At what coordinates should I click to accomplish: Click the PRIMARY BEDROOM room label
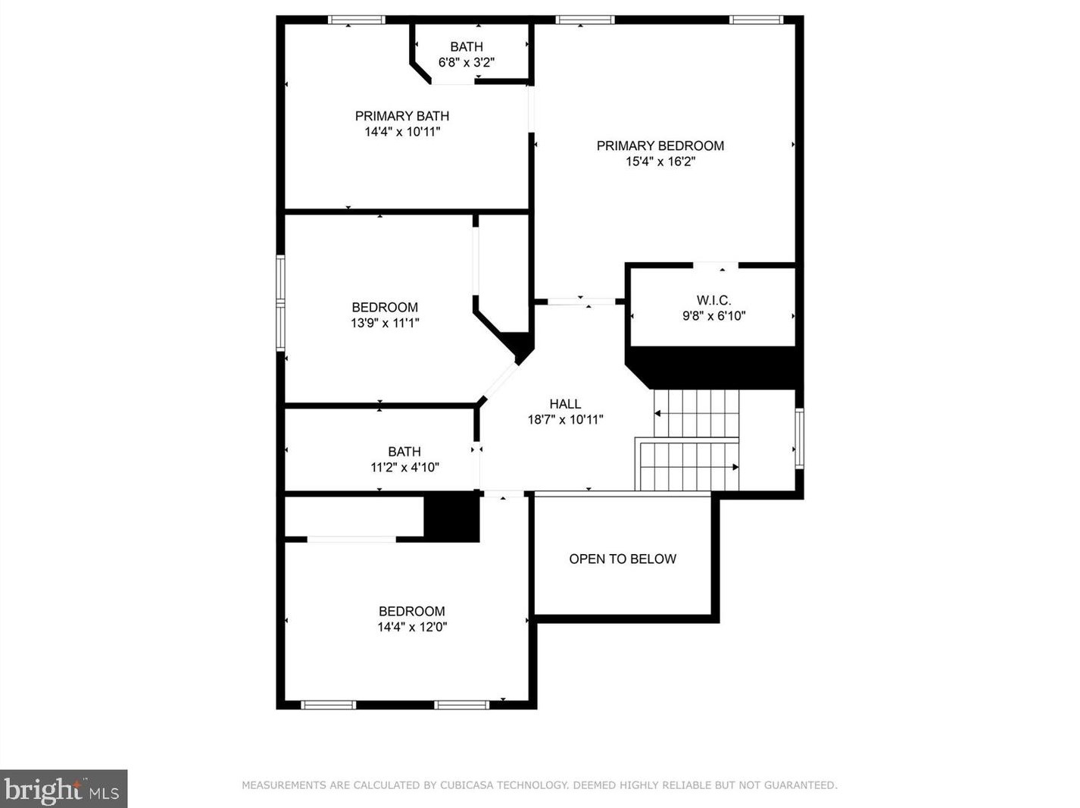pos(660,146)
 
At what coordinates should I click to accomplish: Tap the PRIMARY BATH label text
pos(402,116)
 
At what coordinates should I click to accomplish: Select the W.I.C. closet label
pos(713,300)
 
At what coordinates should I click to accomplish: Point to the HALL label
pos(565,404)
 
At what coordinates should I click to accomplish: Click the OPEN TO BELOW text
pos(623,559)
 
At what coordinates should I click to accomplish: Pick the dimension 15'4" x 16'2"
pos(660,161)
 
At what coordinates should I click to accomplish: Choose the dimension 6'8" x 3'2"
pos(466,62)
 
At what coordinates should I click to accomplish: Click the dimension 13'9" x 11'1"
pos(385,323)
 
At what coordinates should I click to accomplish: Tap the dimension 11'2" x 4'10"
pos(404,467)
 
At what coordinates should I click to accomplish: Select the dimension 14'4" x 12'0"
pos(412,627)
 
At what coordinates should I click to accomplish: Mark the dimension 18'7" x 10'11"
pos(565,419)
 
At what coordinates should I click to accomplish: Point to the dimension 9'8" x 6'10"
pos(713,315)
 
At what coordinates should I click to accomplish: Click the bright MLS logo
pos(64,789)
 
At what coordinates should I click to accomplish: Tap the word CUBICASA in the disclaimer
pos(467,785)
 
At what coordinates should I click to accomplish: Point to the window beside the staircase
pos(800,438)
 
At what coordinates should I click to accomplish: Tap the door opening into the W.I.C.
pos(716,265)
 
